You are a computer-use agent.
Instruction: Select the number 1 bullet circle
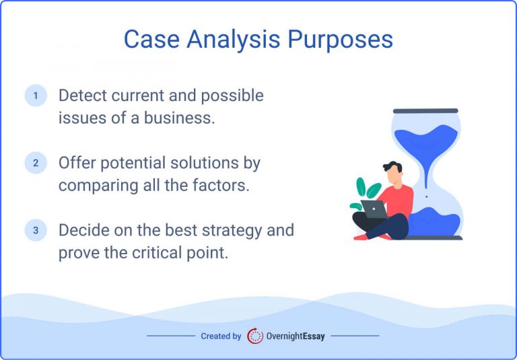tap(36, 96)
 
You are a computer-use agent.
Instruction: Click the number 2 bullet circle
tap(36, 163)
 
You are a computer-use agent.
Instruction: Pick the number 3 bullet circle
tap(36, 230)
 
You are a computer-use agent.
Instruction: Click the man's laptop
tap(374, 209)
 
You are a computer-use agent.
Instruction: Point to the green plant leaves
tap(363, 191)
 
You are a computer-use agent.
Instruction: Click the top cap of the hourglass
tap(425, 111)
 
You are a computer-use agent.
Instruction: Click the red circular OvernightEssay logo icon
tap(255, 336)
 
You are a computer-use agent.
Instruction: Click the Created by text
tap(221, 336)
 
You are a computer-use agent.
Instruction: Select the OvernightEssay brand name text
tap(295, 336)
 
